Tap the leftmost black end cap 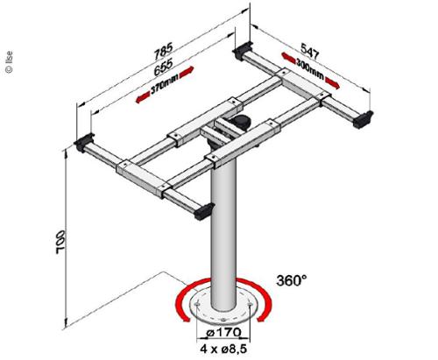88,142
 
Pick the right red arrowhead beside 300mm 336,83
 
